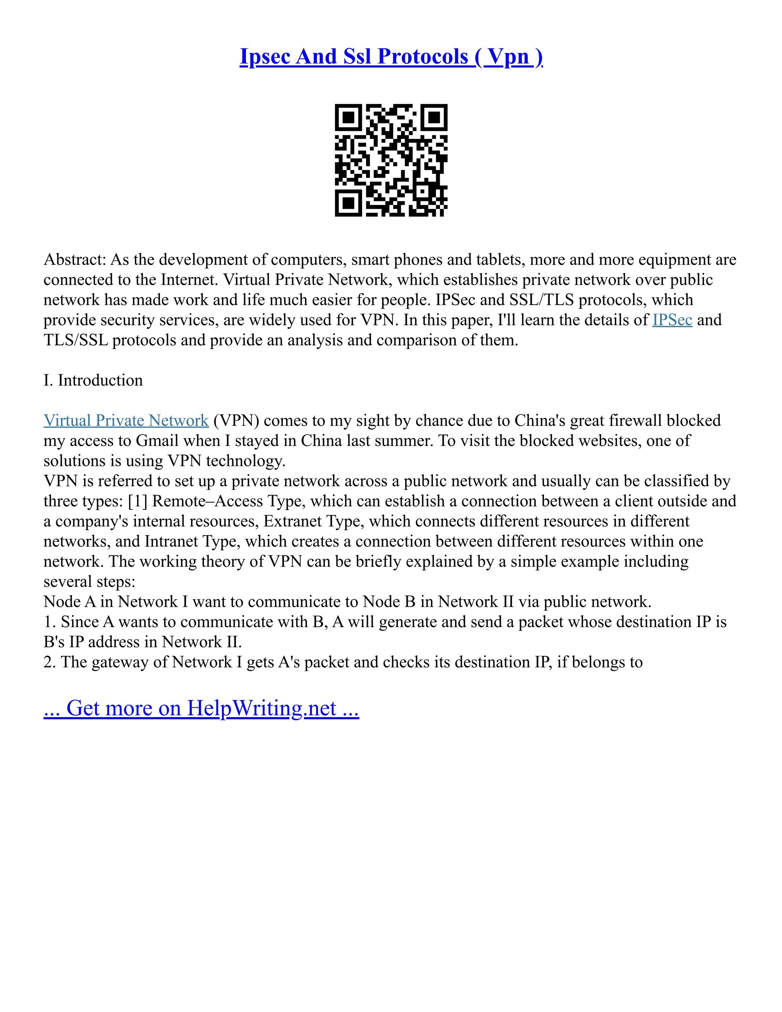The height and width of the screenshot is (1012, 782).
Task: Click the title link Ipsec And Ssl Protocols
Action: coord(391,57)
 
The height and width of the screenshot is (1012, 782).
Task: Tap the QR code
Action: coord(391,160)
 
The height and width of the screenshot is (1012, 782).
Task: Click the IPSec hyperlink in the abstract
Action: coord(672,320)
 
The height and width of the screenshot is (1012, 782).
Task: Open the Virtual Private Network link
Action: coord(126,420)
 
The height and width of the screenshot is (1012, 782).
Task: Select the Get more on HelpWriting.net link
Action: coord(201,708)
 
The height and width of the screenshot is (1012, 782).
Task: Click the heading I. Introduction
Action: coord(93,380)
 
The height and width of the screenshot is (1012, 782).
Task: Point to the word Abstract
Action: coord(74,259)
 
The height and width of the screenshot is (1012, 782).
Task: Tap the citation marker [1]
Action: coord(137,501)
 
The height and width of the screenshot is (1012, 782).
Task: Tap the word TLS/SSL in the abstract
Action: coord(76,340)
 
